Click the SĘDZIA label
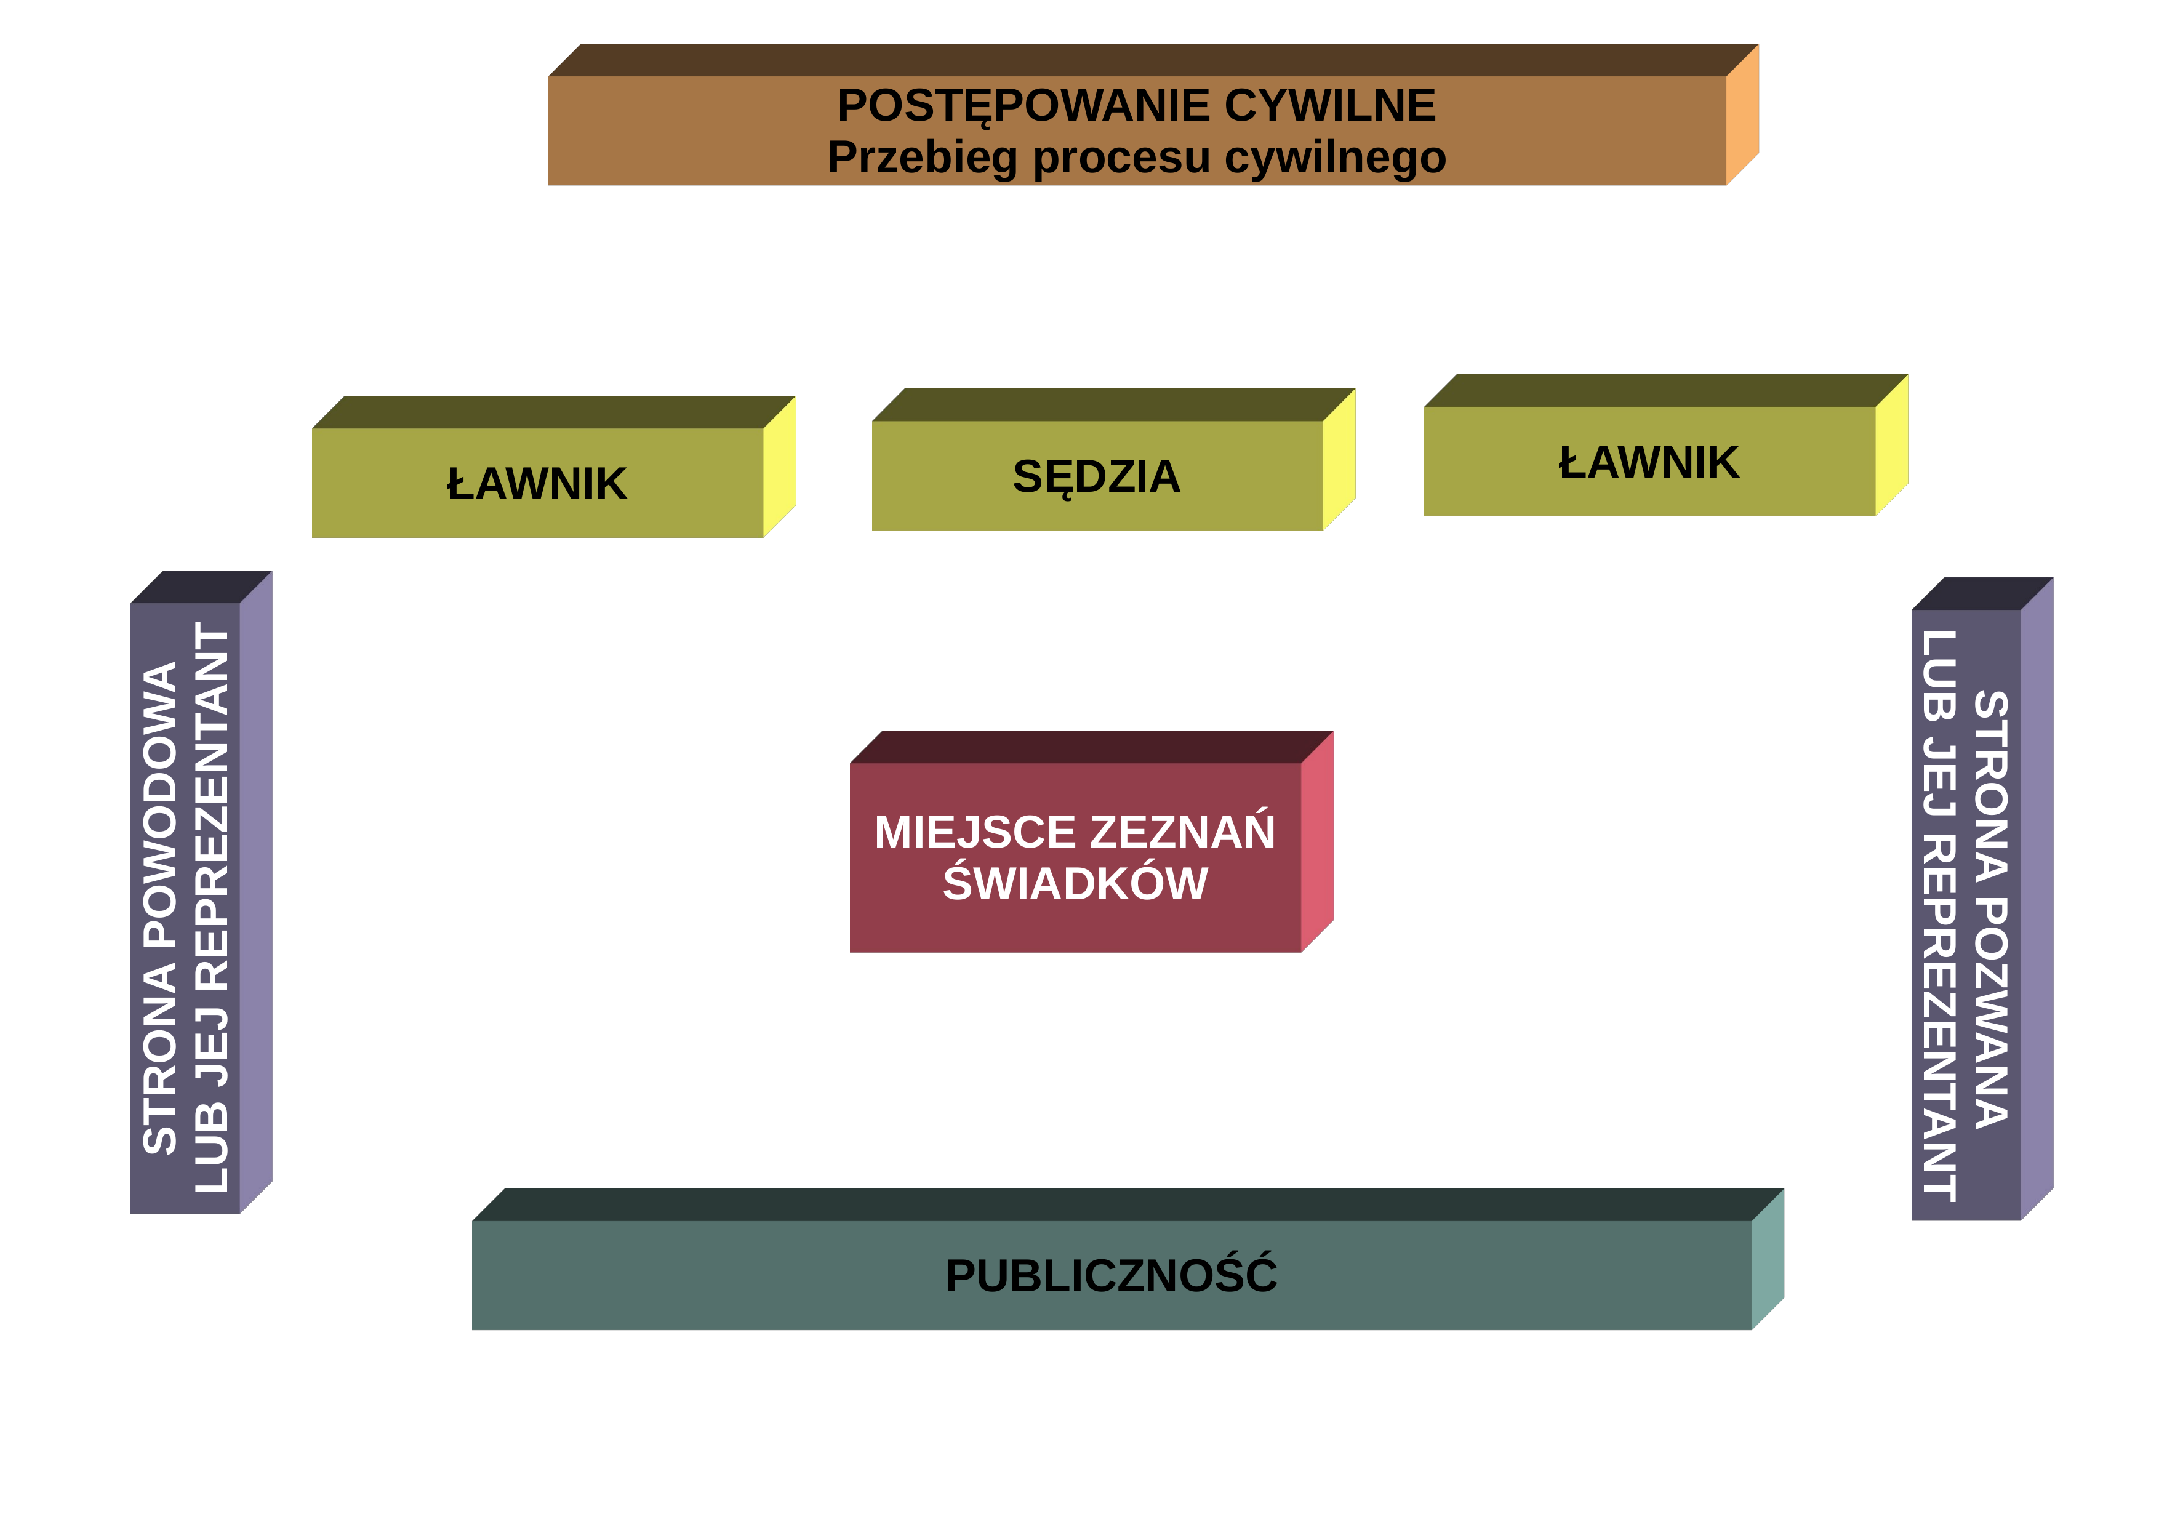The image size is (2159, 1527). click(1097, 477)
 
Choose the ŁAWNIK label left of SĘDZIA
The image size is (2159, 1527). click(537, 484)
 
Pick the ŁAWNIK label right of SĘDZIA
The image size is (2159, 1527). click(1649, 463)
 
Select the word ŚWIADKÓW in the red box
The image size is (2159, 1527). click(1076, 882)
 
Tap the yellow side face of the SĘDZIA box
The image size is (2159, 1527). click(1339, 460)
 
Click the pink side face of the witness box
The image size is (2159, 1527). click(1318, 841)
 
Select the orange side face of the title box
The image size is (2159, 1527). click(1742, 114)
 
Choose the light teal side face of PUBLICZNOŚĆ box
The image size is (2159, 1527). click(1768, 1259)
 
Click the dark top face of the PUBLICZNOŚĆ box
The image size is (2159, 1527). click(1128, 1204)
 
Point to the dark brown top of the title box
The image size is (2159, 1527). click(1154, 60)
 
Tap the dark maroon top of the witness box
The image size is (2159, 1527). click(1092, 747)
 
